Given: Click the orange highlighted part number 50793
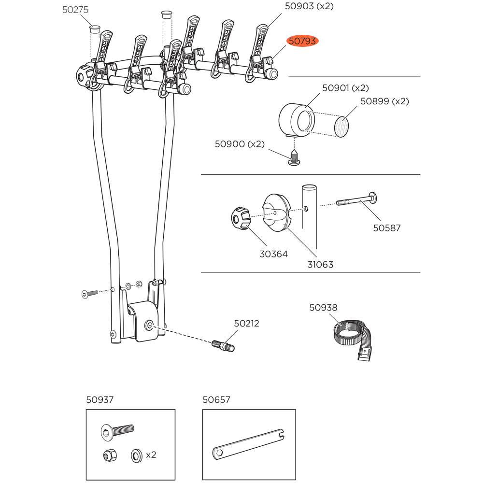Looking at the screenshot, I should click(302, 41).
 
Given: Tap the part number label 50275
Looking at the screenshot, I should click(75, 10).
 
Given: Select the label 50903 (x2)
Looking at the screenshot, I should click(309, 6).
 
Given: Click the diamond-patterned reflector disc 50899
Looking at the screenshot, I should click(341, 127).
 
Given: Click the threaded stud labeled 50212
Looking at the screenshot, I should click(223, 345).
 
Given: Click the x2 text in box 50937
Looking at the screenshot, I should click(151, 455).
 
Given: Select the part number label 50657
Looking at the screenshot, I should click(216, 399).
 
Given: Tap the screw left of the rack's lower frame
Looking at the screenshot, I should click(89, 293).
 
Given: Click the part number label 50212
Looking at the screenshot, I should click(246, 323).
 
